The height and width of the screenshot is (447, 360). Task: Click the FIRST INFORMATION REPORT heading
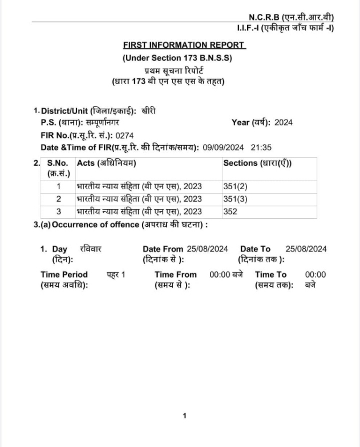[x=184, y=45]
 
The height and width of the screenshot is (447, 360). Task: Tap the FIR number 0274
[x=124, y=135]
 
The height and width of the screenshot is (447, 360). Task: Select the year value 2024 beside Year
[x=283, y=122]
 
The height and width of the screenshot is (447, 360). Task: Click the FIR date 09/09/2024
[x=224, y=147]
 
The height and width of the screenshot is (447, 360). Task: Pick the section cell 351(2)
[x=235, y=187]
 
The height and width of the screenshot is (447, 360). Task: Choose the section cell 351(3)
[x=235, y=199]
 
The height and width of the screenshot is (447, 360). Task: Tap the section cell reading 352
[x=230, y=212]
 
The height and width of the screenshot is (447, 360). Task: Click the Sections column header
[x=257, y=163]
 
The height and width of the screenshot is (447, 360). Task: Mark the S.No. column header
[x=57, y=163]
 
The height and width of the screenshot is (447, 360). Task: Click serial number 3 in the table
[x=58, y=212]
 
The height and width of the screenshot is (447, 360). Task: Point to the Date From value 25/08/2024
[x=208, y=249]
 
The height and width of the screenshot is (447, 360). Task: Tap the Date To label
[x=256, y=249]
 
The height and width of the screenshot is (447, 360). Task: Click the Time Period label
[x=64, y=274]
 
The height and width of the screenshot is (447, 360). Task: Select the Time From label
[x=176, y=274]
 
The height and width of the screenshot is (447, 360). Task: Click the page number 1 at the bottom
[x=184, y=415]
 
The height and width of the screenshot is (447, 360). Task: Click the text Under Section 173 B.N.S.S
[x=177, y=58]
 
